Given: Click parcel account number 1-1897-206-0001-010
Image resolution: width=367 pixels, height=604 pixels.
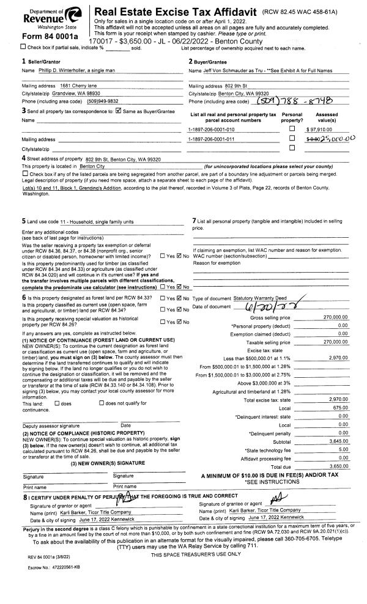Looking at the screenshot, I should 211,130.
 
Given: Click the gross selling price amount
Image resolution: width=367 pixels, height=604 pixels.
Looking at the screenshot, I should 336,318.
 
